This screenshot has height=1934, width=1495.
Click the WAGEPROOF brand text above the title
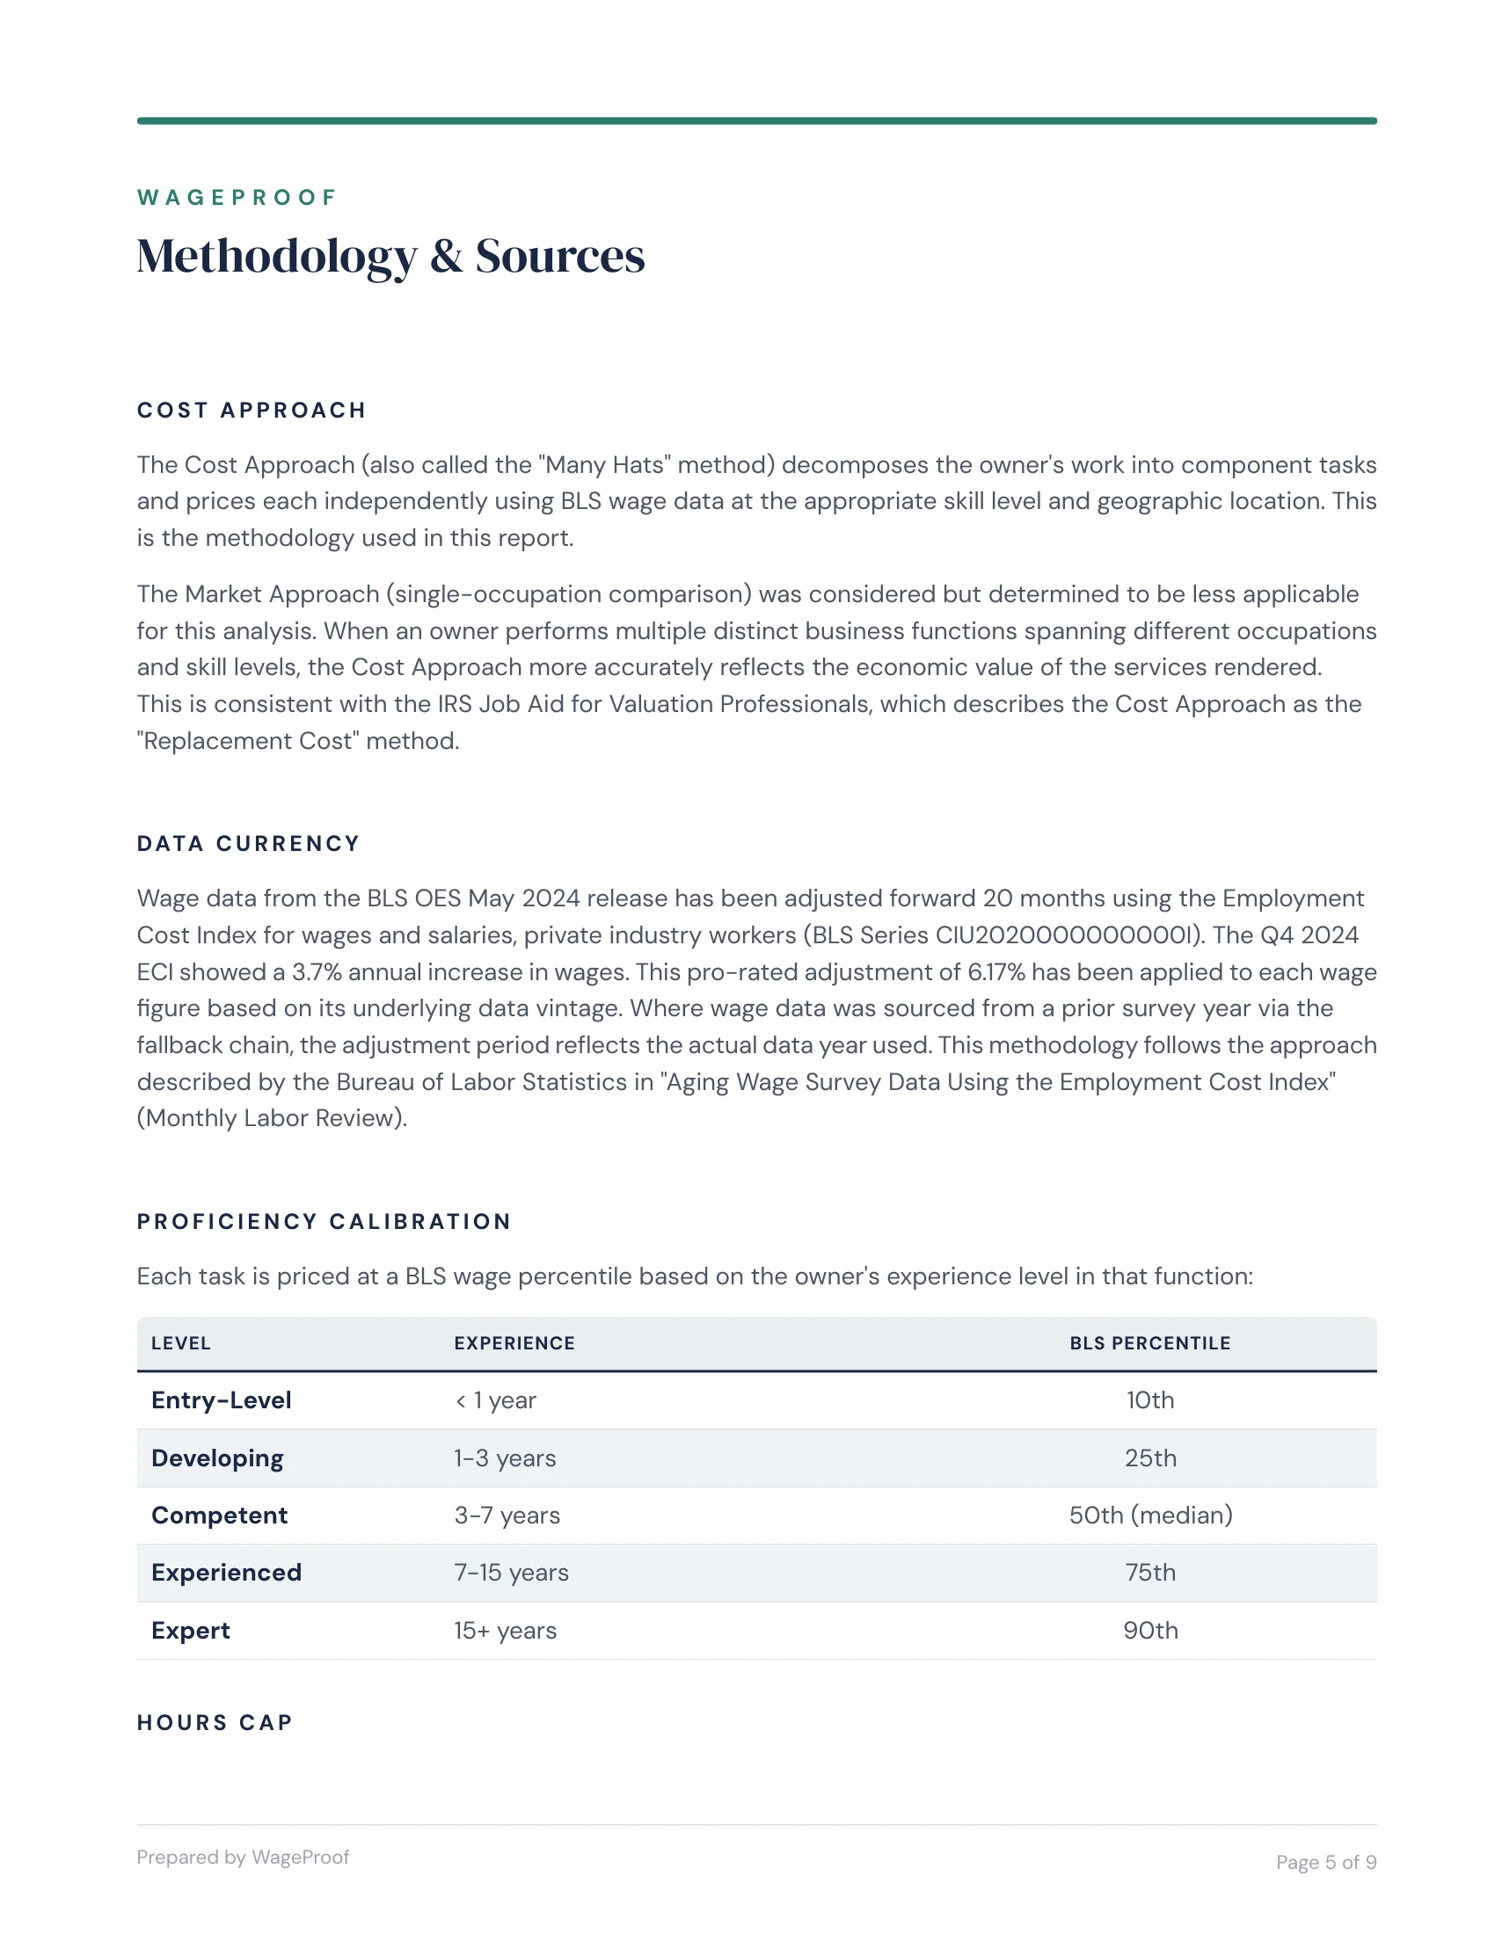[x=237, y=198]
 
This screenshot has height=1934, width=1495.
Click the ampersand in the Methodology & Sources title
[x=447, y=257]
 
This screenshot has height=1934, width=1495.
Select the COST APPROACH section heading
[x=252, y=410]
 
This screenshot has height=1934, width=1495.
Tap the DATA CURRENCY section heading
[x=248, y=843]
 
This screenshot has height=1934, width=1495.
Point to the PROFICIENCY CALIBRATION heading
[x=325, y=1221]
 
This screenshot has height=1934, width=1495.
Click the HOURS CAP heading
[x=215, y=1722]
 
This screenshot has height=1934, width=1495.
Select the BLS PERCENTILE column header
[x=1149, y=1343]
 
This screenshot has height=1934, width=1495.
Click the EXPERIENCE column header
[x=514, y=1343]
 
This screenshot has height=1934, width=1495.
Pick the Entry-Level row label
[x=222, y=1400]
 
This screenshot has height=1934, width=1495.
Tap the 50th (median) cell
[x=1149, y=1516]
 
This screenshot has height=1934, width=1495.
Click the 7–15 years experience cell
[x=511, y=1573]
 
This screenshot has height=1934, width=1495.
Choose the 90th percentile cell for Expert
[x=1149, y=1630]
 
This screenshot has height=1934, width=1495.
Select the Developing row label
[x=217, y=1458]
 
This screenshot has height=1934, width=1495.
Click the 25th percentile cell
[x=1149, y=1458]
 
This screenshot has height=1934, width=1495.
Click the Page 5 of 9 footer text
[x=1325, y=1862]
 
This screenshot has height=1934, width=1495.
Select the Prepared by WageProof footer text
[x=243, y=1857]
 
